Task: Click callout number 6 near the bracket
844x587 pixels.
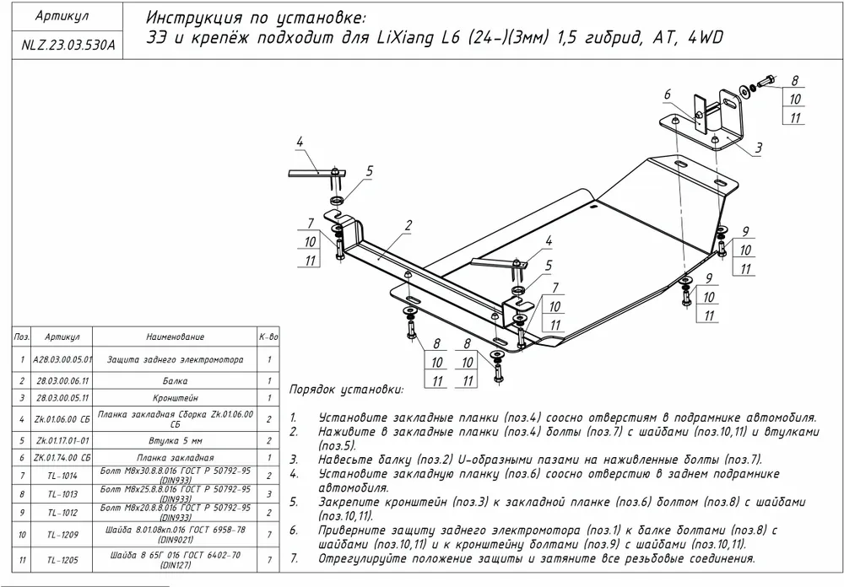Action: click(666, 94)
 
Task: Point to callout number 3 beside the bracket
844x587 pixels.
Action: click(759, 148)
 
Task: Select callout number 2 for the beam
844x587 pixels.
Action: click(408, 225)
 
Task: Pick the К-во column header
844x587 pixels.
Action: click(268, 337)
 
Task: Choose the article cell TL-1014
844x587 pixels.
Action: click(62, 476)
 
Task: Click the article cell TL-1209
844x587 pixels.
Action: click(62, 534)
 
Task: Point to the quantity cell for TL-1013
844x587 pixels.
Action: click(268, 494)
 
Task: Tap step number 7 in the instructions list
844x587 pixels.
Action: click(293, 558)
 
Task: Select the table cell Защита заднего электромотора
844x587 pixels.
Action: click(175, 360)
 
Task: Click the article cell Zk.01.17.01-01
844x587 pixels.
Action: click(62, 439)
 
